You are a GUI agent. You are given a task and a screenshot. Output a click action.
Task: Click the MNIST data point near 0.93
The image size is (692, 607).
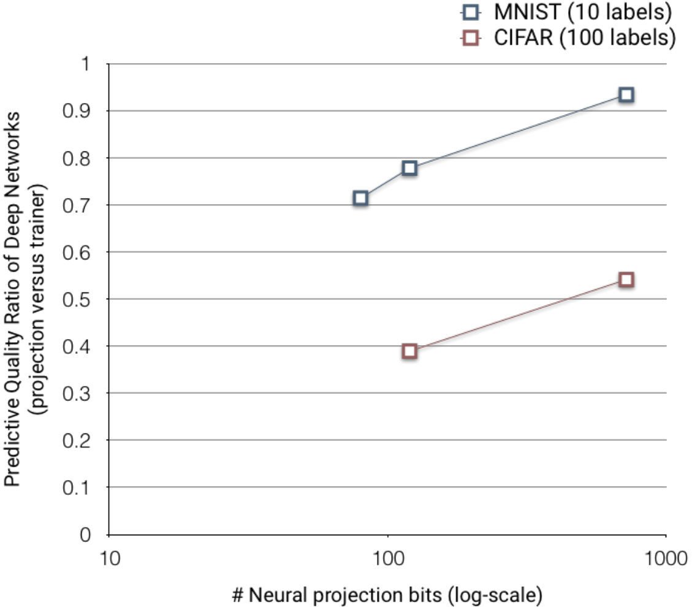pos(626,95)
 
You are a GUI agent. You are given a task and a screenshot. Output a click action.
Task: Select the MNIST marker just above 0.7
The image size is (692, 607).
pos(360,198)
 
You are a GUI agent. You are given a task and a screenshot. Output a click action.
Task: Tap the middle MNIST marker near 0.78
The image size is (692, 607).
pos(409,168)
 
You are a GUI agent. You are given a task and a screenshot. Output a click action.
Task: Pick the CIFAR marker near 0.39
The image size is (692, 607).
pos(409,351)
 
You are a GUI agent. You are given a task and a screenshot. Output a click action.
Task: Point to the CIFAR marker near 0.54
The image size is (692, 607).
pos(626,280)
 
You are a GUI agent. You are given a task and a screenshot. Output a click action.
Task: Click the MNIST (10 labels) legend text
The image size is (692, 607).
pos(582,12)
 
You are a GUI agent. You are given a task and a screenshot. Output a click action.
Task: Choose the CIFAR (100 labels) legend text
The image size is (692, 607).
pos(585,38)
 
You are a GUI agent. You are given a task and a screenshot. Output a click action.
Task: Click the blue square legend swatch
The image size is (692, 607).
pos(471,12)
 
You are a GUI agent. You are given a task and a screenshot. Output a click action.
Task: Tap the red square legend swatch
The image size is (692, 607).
pos(471,39)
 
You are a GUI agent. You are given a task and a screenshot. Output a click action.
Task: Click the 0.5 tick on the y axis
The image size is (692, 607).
pos(77,300)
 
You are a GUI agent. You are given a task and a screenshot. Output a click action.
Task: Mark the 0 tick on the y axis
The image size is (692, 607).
pos(85,535)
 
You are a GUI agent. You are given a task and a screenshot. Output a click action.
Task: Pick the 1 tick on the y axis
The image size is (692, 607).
pos(86,64)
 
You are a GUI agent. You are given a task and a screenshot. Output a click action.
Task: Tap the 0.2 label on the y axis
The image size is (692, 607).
pos(77,441)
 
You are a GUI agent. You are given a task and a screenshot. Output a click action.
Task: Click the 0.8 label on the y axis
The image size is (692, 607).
pos(77,158)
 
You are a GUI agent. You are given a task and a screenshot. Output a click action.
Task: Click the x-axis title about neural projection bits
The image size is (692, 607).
pos(387,595)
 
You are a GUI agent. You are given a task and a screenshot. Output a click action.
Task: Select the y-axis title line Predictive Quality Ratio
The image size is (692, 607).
pos(12,299)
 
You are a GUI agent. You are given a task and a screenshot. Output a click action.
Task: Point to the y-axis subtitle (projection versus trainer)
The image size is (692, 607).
pos(37,299)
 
